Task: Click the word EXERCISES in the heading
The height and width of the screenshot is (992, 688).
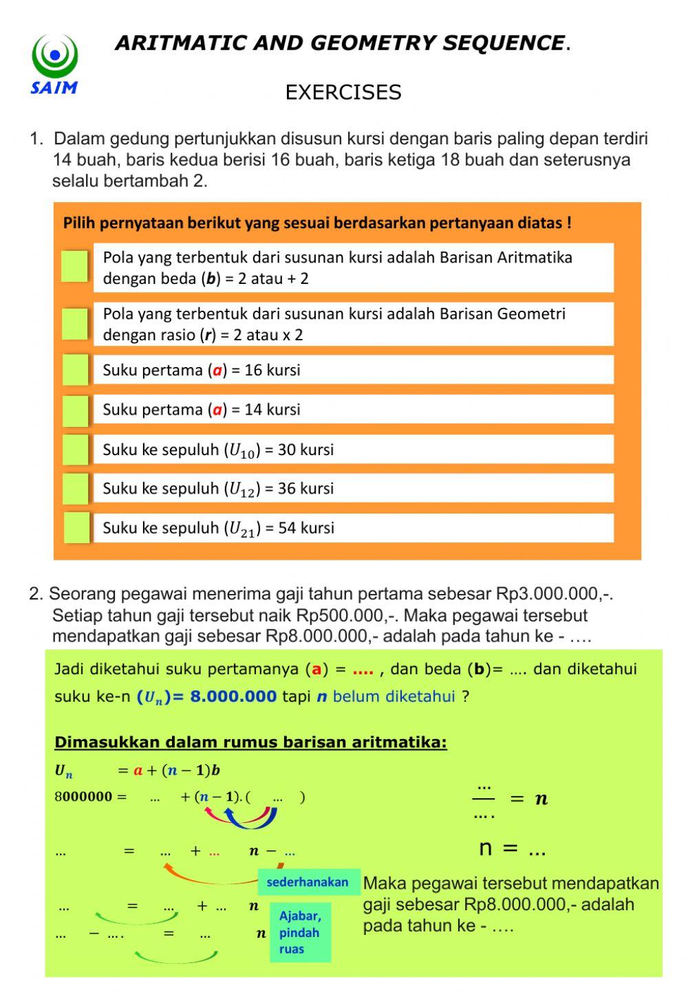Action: [343, 93]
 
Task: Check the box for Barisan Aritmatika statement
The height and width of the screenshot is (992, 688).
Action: [75, 267]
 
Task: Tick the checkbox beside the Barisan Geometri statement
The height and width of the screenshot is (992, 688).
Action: [75, 324]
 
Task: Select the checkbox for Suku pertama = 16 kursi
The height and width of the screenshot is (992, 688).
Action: [75, 370]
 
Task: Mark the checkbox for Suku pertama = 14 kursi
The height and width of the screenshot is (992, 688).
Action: [75, 410]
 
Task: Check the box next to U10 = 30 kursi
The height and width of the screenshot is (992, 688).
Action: [75, 450]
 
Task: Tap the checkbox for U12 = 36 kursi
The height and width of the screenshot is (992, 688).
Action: [75, 489]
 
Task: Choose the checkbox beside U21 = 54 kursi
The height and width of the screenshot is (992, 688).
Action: [76, 528]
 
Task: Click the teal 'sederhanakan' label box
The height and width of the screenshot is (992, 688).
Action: [308, 882]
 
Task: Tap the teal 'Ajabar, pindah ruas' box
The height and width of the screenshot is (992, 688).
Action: [300, 933]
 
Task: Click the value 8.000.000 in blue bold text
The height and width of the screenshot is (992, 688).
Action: [233, 696]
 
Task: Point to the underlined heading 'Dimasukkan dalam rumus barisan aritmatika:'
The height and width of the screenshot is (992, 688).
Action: [250, 742]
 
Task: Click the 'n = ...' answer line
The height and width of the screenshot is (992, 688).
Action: [512, 848]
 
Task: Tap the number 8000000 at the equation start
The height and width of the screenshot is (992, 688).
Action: [83, 797]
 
